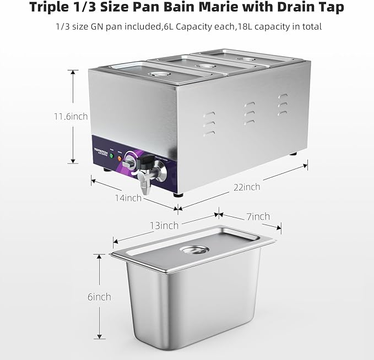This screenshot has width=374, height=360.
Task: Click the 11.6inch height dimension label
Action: tap(71, 117)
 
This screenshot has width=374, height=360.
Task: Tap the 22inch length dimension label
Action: tap(246, 187)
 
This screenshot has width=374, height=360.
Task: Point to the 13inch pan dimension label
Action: tap(164, 225)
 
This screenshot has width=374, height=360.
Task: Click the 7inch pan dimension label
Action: tap(257, 216)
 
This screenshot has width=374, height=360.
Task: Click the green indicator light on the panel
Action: tap(111, 156)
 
